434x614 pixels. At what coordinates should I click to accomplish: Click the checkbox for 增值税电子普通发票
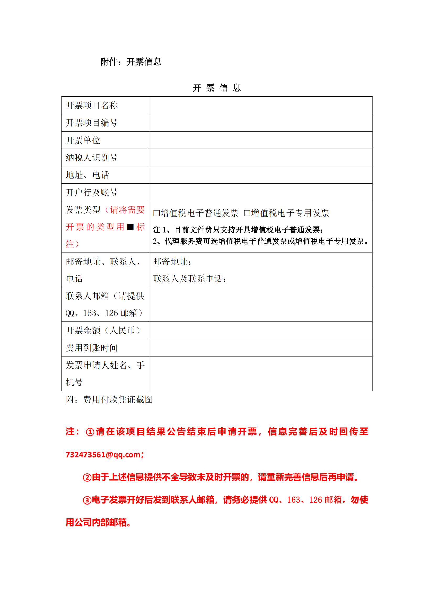coord(156,213)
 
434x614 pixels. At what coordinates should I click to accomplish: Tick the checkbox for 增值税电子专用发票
coord(247,213)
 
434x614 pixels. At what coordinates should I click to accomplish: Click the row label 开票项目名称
coord(92,105)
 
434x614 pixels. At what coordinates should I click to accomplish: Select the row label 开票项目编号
coord(92,123)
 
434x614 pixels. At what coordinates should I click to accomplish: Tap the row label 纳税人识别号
coord(92,158)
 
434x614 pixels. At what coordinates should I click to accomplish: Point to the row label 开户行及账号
coord(92,192)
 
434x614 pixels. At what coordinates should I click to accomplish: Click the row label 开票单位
coord(83,140)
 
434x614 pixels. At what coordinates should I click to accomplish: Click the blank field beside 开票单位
coord(260,140)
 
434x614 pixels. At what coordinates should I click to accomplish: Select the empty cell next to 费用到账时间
coord(260,348)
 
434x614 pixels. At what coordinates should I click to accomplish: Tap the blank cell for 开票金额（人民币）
coord(260,330)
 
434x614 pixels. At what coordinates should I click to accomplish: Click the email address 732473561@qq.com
coord(103,455)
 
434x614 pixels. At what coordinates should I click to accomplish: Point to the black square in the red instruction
coord(130,227)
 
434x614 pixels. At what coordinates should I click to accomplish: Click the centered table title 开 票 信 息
coord(217,88)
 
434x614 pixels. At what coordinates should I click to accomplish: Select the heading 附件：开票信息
coord(131,62)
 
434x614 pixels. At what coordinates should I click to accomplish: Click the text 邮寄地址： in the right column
coord(172,262)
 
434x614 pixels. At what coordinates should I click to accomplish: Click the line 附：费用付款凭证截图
coord(109,400)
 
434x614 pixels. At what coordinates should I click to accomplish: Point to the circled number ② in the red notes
coord(87,477)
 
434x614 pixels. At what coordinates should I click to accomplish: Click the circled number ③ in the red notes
coord(87,500)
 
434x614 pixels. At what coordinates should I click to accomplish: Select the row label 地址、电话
coord(87,175)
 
